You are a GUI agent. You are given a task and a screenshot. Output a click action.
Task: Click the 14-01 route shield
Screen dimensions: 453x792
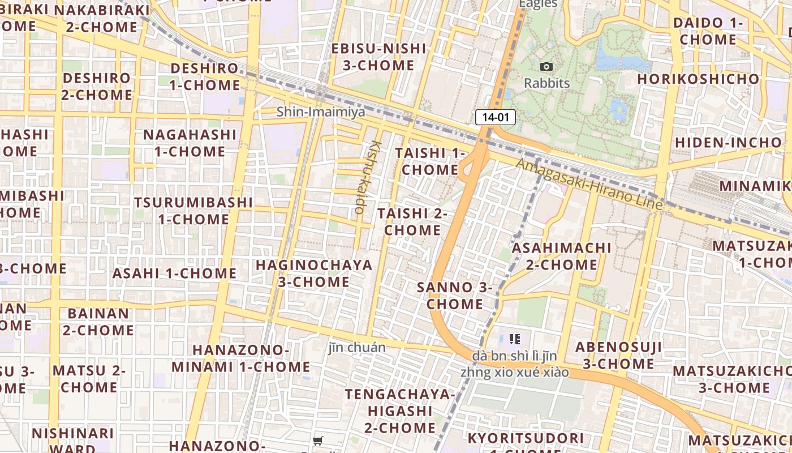pyautogui.click(x=496, y=117)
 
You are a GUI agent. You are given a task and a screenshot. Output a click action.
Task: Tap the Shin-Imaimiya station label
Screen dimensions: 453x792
pyautogui.click(x=321, y=112)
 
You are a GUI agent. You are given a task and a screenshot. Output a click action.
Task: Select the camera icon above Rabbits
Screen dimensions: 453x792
pyautogui.click(x=546, y=67)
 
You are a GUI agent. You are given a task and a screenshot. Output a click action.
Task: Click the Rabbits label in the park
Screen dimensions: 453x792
pyautogui.click(x=546, y=83)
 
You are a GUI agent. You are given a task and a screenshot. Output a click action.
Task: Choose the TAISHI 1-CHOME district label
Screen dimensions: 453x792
pyautogui.click(x=430, y=161)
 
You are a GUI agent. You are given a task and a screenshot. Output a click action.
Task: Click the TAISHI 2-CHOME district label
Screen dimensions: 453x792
pyautogui.click(x=412, y=222)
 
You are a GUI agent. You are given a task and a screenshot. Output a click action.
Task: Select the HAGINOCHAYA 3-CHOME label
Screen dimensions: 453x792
pyautogui.click(x=314, y=273)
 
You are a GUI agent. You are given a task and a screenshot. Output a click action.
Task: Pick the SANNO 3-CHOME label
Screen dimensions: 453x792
pyautogui.click(x=455, y=296)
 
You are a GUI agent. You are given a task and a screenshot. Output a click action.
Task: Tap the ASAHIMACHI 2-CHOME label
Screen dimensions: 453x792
pyautogui.click(x=561, y=257)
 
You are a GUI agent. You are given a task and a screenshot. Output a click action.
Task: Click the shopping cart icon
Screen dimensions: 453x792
pyautogui.click(x=318, y=441)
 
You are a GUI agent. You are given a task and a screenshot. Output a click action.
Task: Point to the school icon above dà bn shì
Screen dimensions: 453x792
pyautogui.click(x=514, y=339)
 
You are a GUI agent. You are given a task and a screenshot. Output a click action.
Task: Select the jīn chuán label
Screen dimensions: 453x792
pyautogui.click(x=357, y=348)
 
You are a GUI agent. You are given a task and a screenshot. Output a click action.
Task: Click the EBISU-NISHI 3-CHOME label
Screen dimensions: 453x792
pyautogui.click(x=378, y=57)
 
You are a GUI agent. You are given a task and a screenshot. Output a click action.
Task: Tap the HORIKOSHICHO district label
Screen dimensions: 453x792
pyautogui.click(x=698, y=79)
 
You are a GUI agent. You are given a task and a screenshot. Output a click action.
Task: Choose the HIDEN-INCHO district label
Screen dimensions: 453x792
pyautogui.click(x=728, y=142)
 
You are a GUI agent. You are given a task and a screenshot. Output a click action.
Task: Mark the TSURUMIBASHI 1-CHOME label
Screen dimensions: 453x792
pyautogui.click(x=193, y=211)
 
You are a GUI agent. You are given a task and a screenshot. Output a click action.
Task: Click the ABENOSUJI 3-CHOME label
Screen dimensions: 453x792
pyautogui.click(x=618, y=355)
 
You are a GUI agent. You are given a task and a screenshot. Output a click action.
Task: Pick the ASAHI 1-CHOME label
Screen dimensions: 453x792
pyautogui.click(x=174, y=273)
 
